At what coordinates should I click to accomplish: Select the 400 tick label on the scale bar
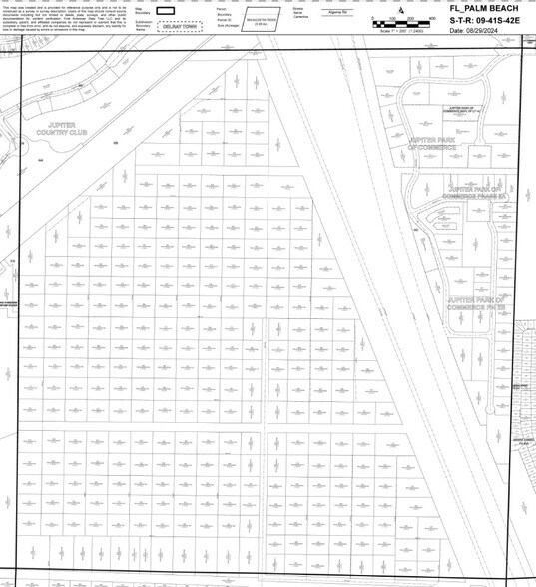point(433,18)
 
